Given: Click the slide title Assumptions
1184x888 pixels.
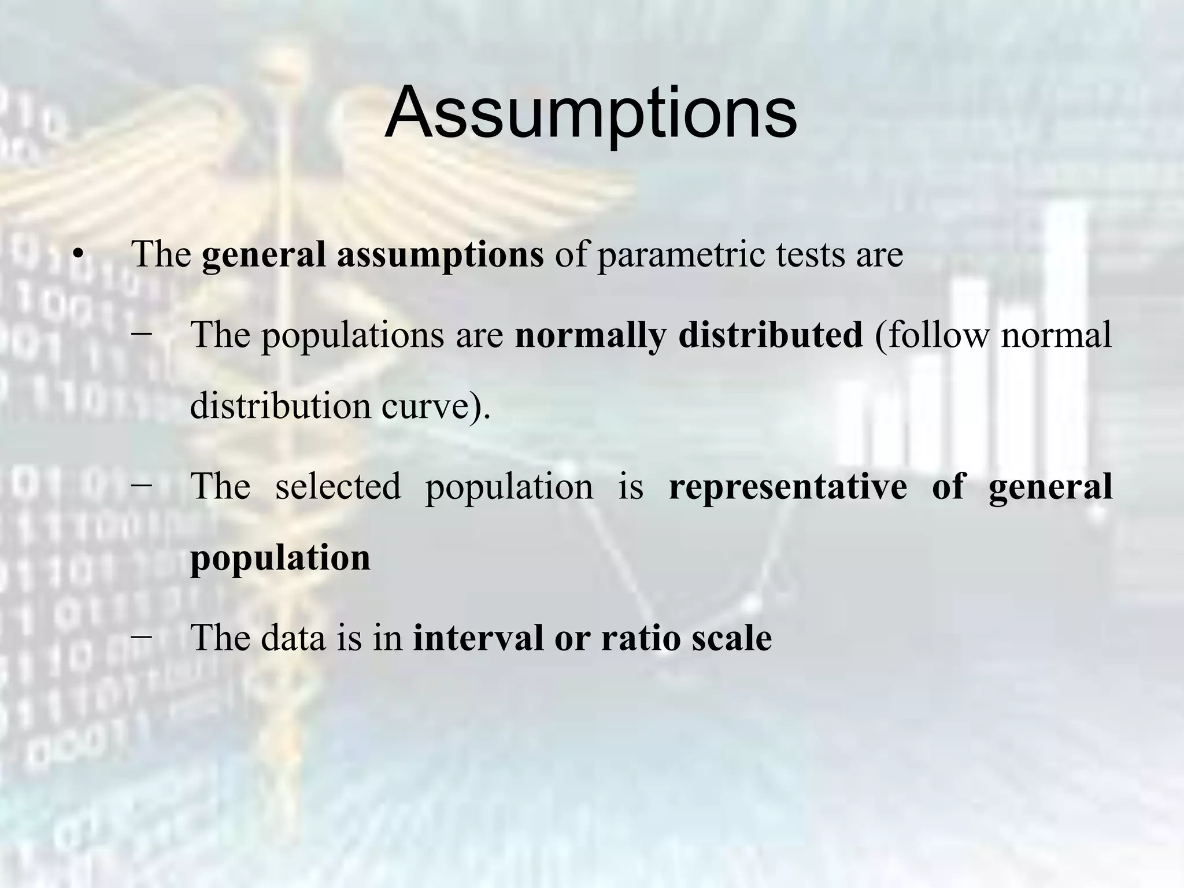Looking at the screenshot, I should click(x=590, y=113).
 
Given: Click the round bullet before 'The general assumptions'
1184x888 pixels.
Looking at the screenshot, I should click(x=79, y=255).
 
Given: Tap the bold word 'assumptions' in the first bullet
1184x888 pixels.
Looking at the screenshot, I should click(x=440, y=255).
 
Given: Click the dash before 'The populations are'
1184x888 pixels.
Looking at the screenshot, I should click(x=142, y=334).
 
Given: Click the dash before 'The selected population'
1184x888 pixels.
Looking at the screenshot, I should click(x=142, y=484).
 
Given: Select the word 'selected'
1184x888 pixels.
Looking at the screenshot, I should click(x=338, y=486).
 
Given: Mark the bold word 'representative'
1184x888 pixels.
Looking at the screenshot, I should click(x=788, y=486).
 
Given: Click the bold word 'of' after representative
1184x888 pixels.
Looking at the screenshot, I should click(x=949, y=486).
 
